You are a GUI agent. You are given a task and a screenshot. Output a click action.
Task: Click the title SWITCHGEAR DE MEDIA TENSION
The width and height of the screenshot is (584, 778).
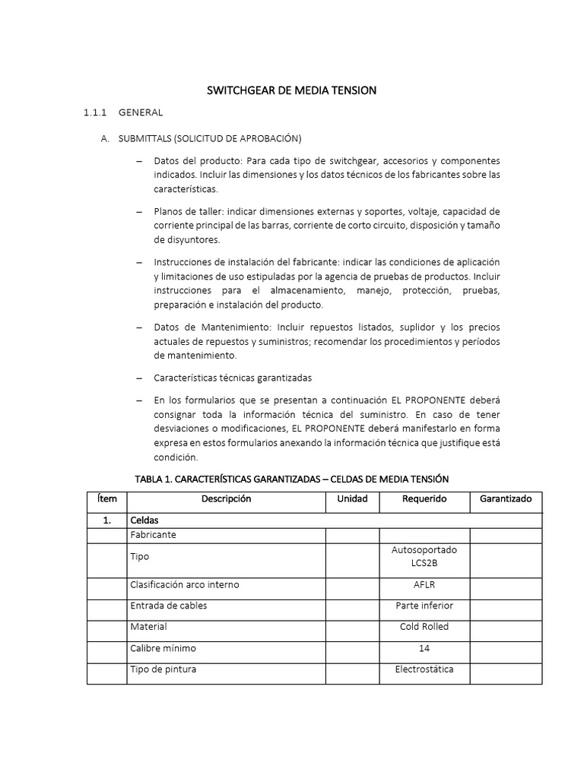coord(292,90)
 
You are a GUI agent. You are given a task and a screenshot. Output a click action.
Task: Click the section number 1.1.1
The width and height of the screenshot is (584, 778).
coord(97,113)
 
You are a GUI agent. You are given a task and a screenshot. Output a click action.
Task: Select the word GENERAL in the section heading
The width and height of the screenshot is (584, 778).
coord(141,113)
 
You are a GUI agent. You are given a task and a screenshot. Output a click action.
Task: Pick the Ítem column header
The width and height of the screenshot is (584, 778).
coord(106,499)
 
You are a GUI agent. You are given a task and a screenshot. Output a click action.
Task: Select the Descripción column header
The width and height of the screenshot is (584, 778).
coord(226,499)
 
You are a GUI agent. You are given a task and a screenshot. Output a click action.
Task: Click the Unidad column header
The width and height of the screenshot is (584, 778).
coord(352,499)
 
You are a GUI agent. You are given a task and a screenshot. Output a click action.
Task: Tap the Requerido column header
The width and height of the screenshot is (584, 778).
coord(424,499)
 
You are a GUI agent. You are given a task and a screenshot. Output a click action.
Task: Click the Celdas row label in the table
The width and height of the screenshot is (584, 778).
coord(145,520)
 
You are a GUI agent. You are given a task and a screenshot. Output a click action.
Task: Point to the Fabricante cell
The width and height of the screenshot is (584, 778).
coord(154,535)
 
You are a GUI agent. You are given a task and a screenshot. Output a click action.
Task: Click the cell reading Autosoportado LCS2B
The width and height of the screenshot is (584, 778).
coord(424,556)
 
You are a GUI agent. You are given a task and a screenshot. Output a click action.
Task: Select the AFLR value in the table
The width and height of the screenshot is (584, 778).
coord(424,584)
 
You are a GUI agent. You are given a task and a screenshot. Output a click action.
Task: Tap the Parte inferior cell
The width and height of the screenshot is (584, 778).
coord(424,606)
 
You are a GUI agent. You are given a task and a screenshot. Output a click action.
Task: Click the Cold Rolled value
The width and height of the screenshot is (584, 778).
coord(424,627)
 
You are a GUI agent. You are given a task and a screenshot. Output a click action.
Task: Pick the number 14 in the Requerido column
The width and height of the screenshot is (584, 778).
coord(424,648)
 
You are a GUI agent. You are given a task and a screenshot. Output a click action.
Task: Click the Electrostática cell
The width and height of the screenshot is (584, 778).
coord(424,669)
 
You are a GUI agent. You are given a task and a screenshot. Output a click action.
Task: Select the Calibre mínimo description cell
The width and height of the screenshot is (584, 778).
coord(163,648)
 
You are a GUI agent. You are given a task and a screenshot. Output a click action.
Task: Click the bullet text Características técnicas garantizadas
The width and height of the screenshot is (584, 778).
coord(233,378)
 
